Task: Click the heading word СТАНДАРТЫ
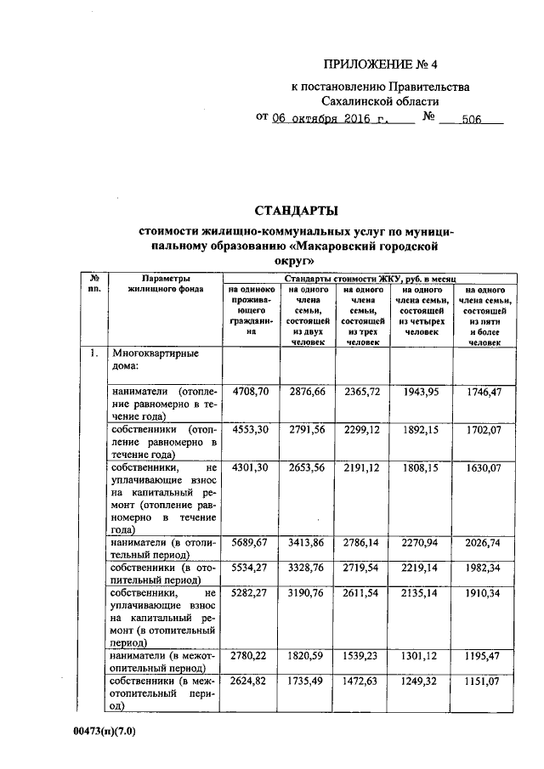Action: (297, 210)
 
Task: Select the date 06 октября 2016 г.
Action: (331, 120)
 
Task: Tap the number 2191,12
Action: (363, 467)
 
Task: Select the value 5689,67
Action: (251, 543)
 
